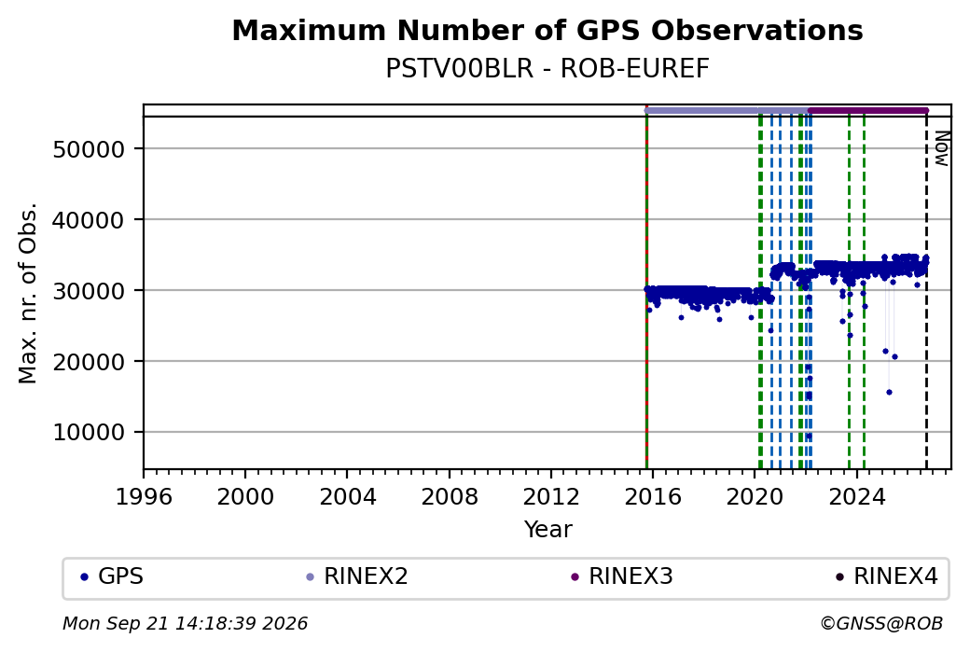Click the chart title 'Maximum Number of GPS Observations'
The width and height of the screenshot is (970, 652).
click(x=547, y=30)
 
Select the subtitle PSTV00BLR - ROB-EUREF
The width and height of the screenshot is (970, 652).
click(x=547, y=69)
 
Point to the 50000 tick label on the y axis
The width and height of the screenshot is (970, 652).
click(x=90, y=149)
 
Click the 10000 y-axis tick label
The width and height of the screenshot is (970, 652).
click(x=90, y=433)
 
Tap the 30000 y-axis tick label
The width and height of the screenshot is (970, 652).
click(x=90, y=291)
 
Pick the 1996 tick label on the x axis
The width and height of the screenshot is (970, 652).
click(x=144, y=497)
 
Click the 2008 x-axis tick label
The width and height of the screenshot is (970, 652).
click(x=450, y=497)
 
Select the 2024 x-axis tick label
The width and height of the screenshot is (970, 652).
click(x=857, y=497)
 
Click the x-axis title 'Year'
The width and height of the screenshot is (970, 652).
click(x=548, y=530)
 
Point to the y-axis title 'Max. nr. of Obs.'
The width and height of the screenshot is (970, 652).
click(x=28, y=293)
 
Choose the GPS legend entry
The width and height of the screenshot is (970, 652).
click(x=112, y=576)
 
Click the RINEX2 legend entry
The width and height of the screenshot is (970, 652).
click(x=357, y=576)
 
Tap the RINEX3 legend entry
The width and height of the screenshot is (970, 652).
click(x=622, y=576)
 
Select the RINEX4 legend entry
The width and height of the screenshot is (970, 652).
click(x=886, y=576)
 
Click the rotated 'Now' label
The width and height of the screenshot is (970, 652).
click(x=941, y=149)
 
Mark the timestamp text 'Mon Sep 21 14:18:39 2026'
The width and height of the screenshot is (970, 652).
click(x=186, y=623)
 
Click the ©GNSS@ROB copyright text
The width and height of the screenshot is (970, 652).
click(x=881, y=623)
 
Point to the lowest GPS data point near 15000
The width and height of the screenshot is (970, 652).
click(x=889, y=392)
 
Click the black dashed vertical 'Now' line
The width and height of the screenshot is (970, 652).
click(x=926, y=292)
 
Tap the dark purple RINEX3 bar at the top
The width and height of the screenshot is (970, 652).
click(x=868, y=111)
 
